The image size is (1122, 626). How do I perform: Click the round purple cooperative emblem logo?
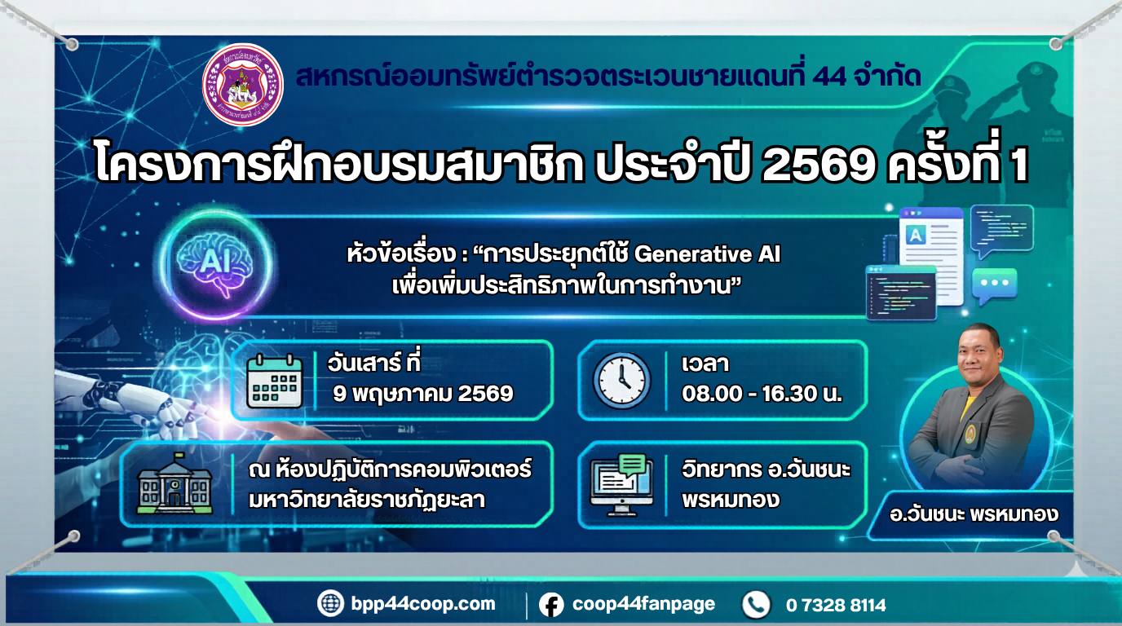[x=243, y=85]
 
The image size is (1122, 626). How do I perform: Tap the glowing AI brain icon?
[x=216, y=264]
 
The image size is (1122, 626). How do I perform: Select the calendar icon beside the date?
[x=275, y=381]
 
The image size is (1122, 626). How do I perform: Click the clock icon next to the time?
[x=621, y=379]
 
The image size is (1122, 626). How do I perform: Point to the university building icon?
[x=174, y=484]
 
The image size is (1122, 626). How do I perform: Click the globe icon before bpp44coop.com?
[x=330, y=603]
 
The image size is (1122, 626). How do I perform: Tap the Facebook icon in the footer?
[x=551, y=605]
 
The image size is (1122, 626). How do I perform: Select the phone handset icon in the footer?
[x=756, y=605]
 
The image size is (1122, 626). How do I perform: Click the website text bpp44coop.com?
[x=423, y=604]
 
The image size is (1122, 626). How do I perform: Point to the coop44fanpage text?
[x=643, y=604]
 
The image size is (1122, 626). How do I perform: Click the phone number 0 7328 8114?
[x=836, y=606]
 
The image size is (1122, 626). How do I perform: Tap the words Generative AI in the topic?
[x=707, y=254]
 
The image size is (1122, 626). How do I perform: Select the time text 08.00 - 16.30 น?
[x=762, y=394]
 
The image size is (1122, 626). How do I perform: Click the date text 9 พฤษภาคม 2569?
[x=423, y=395]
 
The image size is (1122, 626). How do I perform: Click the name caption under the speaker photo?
[x=974, y=514]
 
